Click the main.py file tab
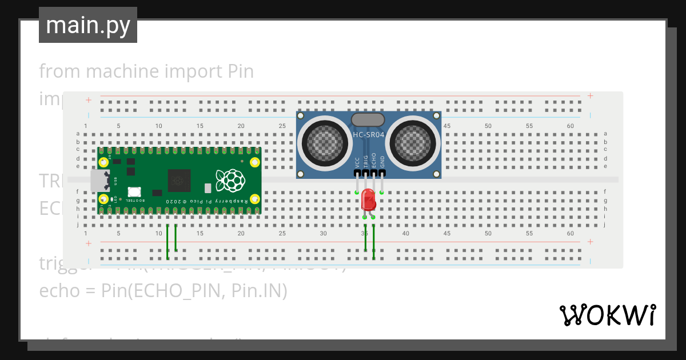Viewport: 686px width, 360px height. point(87,25)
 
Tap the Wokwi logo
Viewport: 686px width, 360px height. point(607,315)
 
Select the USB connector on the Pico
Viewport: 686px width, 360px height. point(100,181)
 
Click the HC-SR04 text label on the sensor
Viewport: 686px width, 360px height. point(369,135)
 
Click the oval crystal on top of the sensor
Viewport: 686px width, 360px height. point(368,119)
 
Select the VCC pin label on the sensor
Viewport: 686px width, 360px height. point(357,162)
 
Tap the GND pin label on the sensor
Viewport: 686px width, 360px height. point(382,162)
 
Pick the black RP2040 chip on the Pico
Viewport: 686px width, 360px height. point(180,181)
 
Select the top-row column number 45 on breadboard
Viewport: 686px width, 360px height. point(446,126)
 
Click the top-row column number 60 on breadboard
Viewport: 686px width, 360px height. point(570,126)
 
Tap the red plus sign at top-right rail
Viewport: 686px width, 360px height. point(590,96)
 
